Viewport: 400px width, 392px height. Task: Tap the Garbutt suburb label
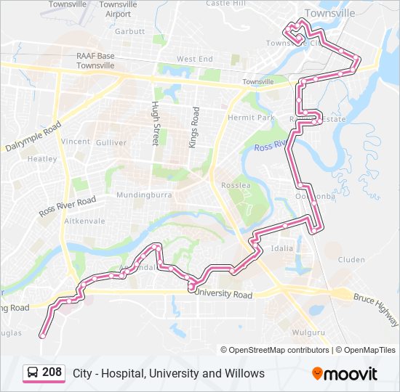pos(129,31)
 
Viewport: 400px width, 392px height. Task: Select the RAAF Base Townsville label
pos(96,60)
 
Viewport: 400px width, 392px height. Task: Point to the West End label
pos(194,59)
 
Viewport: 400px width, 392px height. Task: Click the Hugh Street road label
pos(155,123)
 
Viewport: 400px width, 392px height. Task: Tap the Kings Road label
pos(194,127)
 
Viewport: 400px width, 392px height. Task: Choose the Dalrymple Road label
pos(32,136)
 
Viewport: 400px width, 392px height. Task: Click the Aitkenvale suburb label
pos(84,221)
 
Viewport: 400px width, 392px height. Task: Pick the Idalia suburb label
pos(281,248)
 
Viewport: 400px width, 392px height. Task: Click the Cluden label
pos(351,259)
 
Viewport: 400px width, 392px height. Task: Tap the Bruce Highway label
pos(377,309)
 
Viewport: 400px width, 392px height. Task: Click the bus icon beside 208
pos(33,373)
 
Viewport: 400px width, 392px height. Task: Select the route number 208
pos(52,372)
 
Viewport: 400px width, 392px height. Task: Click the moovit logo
pos(345,373)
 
